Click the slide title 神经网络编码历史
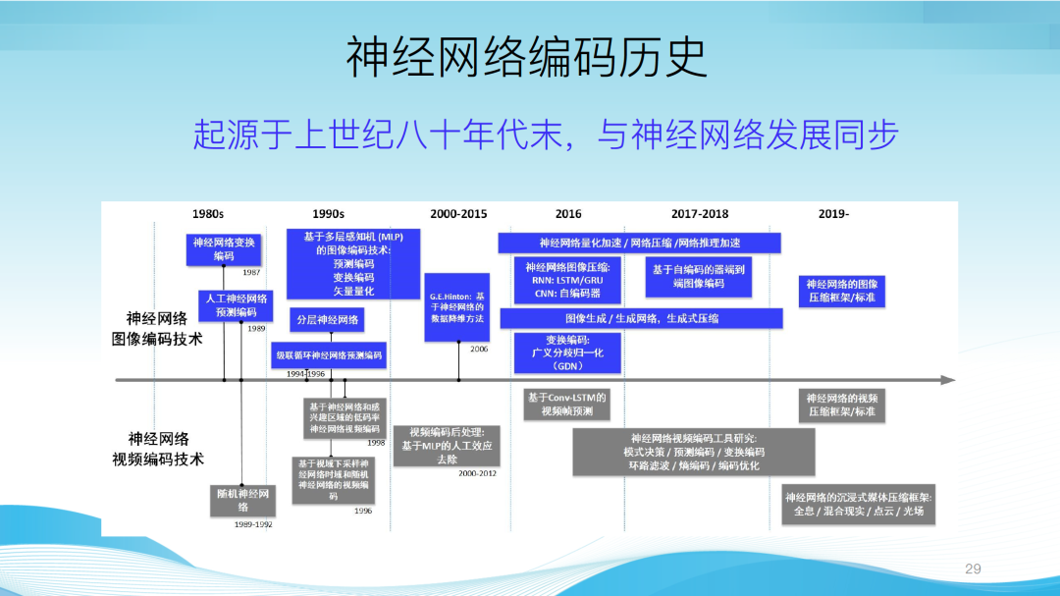[x=526, y=59]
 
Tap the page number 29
[x=973, y=569]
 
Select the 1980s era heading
[x=207, y=213]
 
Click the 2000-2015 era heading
[x=457, y=213]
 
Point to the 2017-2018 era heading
[x=699, y=213]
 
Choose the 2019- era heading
[x=833, y=213]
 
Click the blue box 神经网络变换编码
[x=224, y=248]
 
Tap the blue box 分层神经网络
[x=328, y=320]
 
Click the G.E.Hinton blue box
[x=456, y=307]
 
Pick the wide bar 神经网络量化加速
[x=639, y=243]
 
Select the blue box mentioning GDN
[x=567, y=352]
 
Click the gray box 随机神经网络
[x=242, y=500]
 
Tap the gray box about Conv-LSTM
[x=567, y=404]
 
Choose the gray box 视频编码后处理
[x=447, y=445]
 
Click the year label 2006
[x=478, y=350]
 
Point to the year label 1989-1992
[x=253, y=524]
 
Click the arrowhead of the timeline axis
[x=948, y=379]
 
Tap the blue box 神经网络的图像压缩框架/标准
[x=841, y=290]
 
